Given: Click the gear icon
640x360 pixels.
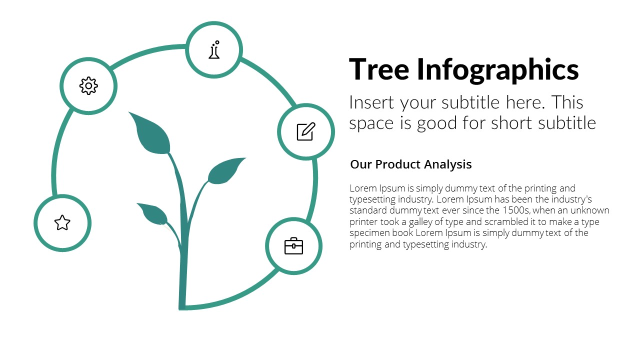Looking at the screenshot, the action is [88, 85].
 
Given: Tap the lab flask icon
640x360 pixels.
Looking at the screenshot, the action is [214, 49].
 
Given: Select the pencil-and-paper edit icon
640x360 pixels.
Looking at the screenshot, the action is [306, 131].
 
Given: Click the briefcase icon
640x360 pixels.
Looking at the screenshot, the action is [293, 245].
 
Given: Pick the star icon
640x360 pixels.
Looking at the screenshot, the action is [62, 223].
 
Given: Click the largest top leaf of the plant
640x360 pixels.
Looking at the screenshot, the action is [151, 133].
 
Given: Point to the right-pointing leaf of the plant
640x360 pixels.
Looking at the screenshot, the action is [225, 171].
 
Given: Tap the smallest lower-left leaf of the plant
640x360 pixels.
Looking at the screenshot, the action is [153, 213].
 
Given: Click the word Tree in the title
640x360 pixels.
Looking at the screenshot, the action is [379, 69].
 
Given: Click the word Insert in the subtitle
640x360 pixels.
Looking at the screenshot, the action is [371, 102].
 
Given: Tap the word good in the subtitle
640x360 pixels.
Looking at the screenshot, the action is [437, 123].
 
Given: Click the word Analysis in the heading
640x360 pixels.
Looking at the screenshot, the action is [447, 165].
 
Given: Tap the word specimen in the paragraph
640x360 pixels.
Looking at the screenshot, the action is [369, 233].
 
